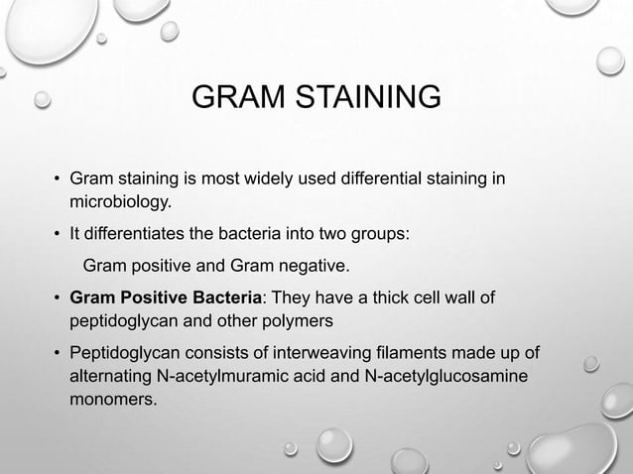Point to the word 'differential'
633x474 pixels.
[x=382, y=179]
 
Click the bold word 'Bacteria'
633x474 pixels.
[x=229, y=298]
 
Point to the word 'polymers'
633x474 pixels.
[x=308, y=322]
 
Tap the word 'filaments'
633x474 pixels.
[x=418, y=355]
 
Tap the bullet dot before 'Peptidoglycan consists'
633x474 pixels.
[x=58, y=355]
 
